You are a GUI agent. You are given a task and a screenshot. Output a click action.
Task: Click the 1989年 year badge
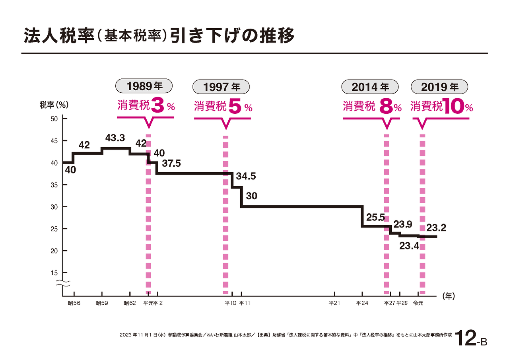(144, 86)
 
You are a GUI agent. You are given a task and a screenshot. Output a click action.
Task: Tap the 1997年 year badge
(221, 86)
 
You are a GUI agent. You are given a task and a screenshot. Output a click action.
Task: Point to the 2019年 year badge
(440, 86)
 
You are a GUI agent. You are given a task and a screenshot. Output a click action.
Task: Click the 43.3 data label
(115, 138)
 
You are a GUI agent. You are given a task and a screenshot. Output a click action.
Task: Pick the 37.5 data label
(171, 163)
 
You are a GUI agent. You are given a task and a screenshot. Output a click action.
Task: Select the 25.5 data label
(375, 217)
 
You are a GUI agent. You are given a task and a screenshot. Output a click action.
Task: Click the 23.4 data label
(409, 246)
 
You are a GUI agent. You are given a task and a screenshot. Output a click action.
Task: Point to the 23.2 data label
(436, 228)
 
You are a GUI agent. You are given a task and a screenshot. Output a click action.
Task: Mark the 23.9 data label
(402, 224)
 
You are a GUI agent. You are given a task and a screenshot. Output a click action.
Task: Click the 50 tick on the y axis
(54, 119)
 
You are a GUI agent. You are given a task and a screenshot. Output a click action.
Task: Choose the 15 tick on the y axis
(54, 273)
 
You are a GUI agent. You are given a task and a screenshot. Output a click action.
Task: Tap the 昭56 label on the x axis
(74, 303)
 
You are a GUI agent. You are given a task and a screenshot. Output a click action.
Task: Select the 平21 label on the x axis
(334, 303)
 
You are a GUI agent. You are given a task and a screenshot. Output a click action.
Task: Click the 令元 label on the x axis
(418, 303)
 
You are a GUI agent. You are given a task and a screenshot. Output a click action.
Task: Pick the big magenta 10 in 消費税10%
(454, 107)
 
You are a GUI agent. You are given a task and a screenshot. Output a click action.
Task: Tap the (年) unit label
(448, 296)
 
